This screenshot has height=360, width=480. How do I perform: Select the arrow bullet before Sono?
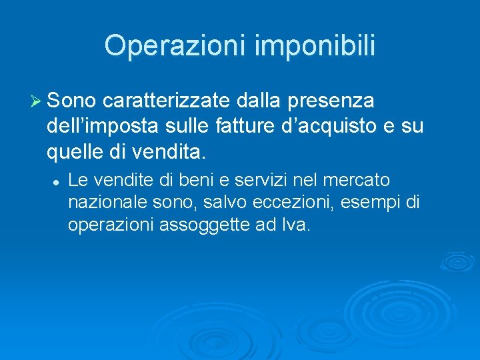pos(37,101)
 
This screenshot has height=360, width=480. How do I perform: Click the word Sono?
pos(73,101)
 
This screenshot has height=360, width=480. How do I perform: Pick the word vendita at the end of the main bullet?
pos(170,153)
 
